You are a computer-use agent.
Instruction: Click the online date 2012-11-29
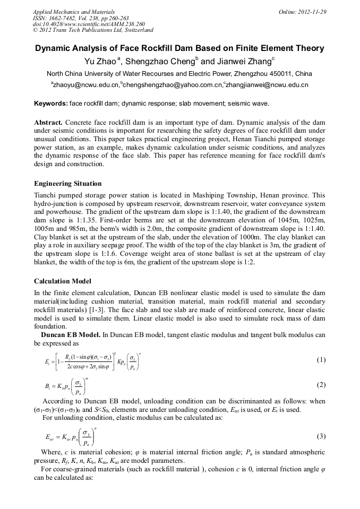(312, 12)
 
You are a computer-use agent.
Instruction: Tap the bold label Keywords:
(50, 103)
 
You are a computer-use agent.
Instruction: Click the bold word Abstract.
(49, 123)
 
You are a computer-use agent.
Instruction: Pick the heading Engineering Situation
(67, 184)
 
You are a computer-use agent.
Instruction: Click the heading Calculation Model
(62, 281)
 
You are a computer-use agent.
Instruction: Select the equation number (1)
(321, 360)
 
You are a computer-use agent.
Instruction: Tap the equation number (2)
(321, 385)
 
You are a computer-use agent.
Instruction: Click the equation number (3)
(321, 436)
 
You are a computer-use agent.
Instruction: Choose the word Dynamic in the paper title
(56, 48)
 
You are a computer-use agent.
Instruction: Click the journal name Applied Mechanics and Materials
(73, 12)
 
